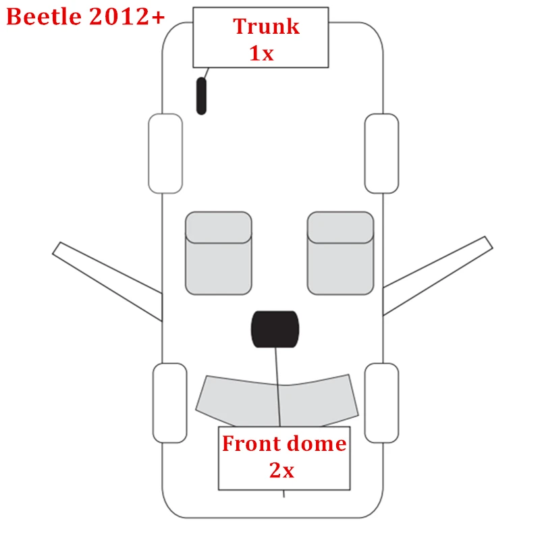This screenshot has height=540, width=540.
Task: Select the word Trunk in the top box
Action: click(x=266, y=27)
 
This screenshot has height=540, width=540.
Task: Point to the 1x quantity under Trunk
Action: click(x=262, y=53)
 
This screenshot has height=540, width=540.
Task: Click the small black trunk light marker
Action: click(x=201, y=96)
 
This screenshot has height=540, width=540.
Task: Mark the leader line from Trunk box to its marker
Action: click(x=205, y=72)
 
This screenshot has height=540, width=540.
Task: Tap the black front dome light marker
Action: click(x=274, y=330)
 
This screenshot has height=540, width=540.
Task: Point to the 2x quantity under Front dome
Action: click(x=282, y=470)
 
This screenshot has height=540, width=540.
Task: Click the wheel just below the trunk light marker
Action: click(x=165, y=153)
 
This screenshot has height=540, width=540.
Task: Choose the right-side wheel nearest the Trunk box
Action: click(x=381, y=153)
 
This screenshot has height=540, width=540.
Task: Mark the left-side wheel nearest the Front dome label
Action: click(x=170, y=403)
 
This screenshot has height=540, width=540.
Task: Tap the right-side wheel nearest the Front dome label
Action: click(x=381, y=403)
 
